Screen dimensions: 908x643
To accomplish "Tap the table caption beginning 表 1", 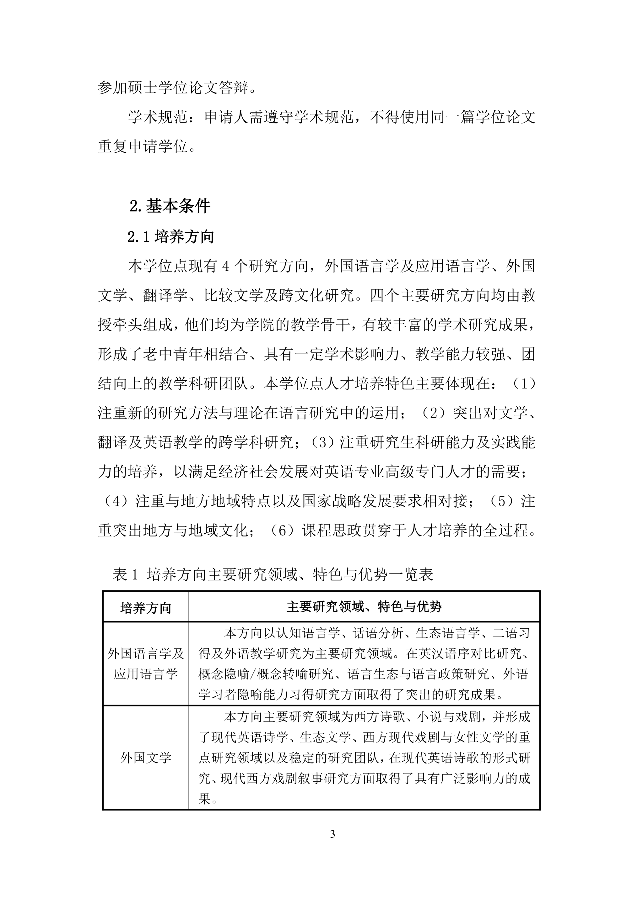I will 273,574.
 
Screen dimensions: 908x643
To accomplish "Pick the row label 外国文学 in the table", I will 146,758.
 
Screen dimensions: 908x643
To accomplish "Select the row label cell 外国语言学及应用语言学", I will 146,664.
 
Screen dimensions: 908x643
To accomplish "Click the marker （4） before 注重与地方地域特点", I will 116,501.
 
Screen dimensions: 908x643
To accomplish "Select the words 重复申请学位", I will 143,147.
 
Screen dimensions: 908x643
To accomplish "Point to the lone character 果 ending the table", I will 204,800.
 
